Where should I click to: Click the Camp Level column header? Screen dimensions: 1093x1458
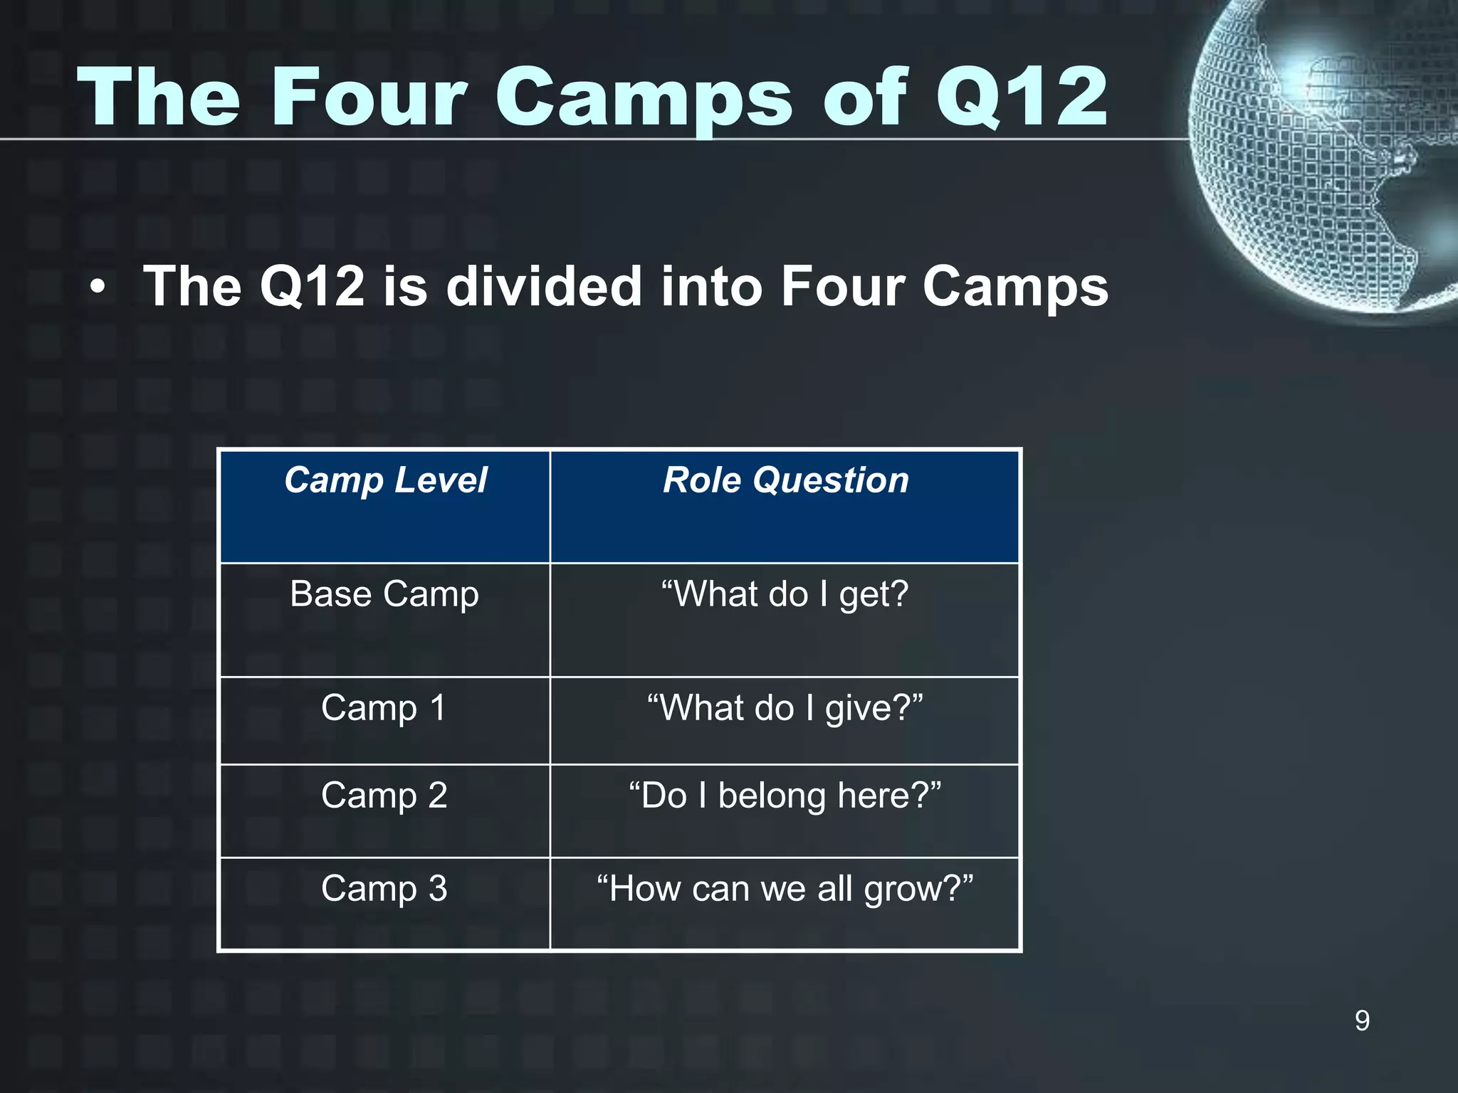pos(385,480)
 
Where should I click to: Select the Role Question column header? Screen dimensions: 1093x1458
pos(785,480)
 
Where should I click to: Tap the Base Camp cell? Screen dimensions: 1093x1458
pos(384,594)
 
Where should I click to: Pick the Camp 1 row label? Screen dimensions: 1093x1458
pos(384,708)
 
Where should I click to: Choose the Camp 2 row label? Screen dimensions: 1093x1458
pos(384,796)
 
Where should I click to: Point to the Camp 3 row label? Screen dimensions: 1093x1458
pos(384,889)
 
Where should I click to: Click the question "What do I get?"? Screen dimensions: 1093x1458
pos(785,594)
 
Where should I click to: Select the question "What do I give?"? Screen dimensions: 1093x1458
pos(785,709)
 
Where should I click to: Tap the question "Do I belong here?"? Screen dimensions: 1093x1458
pos(785,796)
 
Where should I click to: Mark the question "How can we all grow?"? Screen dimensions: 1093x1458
pos(785,889)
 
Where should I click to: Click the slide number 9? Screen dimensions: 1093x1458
pos(1362,1021)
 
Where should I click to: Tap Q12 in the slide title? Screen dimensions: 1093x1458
pos(1022,97)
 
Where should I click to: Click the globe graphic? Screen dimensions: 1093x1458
pos(1324,157)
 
